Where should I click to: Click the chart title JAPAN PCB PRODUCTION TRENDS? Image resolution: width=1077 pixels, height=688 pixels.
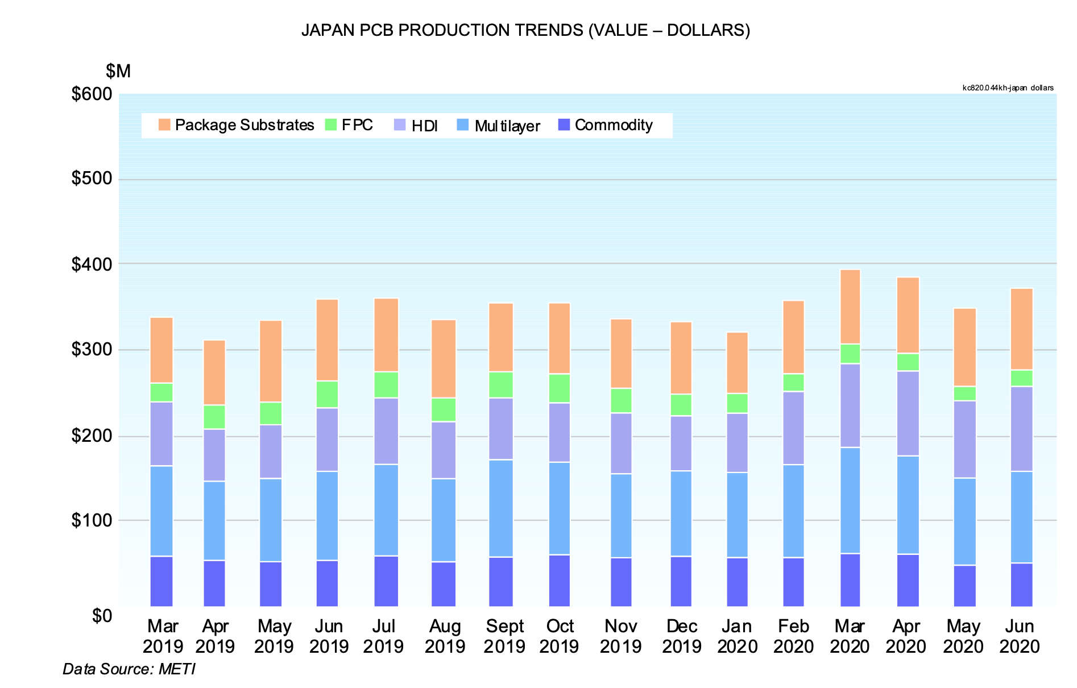pyautogui.click(x=525, y=30)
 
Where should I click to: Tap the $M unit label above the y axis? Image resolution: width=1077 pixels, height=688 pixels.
pyautogui.click(x=118, y=71)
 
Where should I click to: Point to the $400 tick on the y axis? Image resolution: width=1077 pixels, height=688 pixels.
pyautogui.click(x=92, y=264)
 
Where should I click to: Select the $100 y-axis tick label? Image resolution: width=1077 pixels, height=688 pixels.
pyautogui.click(x=92, y=520)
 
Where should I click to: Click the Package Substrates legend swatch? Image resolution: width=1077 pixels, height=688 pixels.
pyautogui.click(x=164, y=125)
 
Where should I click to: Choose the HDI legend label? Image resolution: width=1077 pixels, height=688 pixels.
pyautogui.click(x=424, y=126)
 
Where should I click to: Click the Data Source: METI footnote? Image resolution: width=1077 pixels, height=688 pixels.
pyautogui.click(x=129, y=669)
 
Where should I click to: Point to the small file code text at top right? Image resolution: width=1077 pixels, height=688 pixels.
pyautogui.click(x=1008, y=88)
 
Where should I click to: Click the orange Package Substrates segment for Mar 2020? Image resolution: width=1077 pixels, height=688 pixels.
pyautogui.click(x=850, y=307)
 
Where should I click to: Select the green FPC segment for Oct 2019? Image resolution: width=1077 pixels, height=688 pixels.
pyautogui.click(x=560, y=388)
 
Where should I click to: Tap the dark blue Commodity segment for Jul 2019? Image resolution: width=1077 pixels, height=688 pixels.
pyautogui.click(x=386, y=581)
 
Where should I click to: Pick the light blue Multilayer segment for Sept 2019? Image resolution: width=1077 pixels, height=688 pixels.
pyautogui.click(x=501, y=508)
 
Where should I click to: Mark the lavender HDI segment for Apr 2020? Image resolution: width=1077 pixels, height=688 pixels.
pyautogui.click(x=908, y=413)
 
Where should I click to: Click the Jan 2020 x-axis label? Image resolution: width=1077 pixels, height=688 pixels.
pyautogui.click(x=737, y=636)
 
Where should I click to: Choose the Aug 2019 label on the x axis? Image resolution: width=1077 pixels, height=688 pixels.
pyautogui.click(x=445, y=636)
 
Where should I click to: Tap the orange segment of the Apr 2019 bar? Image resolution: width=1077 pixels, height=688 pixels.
pyautogui.click(x=214, y=372)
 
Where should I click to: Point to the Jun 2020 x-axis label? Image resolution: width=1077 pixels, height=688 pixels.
pyautogui.click(x=1019, y=636)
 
